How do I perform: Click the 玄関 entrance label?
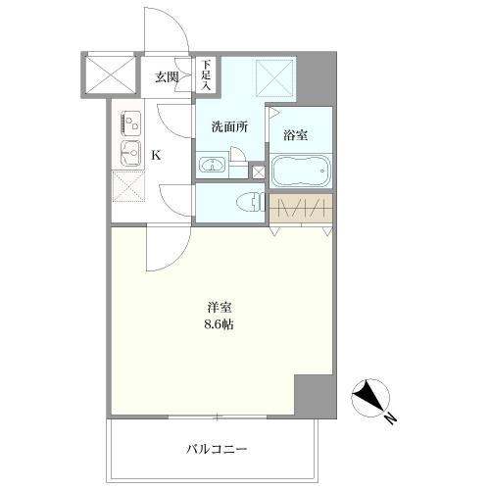[166, 77]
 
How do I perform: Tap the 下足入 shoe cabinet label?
[206, 75]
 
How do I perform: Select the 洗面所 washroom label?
[229, 127]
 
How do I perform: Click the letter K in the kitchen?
[155, 154]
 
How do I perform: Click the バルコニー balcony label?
[217, 450]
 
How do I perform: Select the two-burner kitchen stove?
[131, 123]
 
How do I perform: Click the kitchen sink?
[129, 153]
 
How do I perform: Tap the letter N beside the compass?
[390, 419]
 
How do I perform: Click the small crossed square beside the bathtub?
[258, 173]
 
